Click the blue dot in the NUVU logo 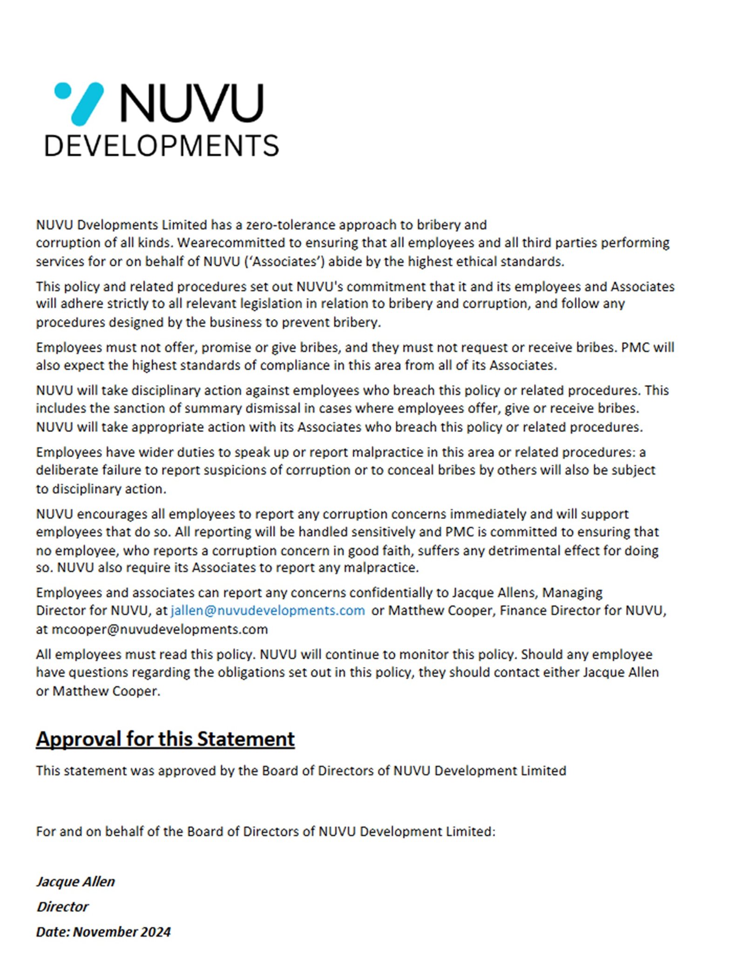coord(63,90)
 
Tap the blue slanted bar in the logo coord(87,104)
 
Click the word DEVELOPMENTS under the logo coord(161,146)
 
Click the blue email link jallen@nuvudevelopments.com coord(267,610)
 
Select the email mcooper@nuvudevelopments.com coord(159,629)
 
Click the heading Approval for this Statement coord(165,739)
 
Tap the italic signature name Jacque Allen coord(75,881)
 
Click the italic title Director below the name coord(62,907)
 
